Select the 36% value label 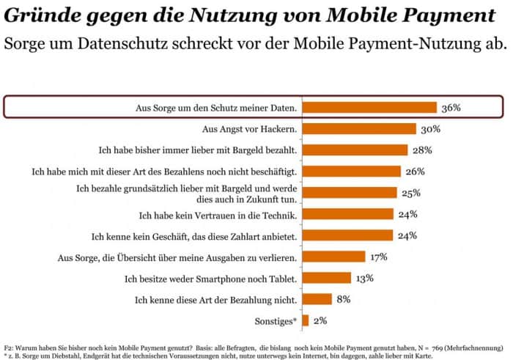click(x=451, y=108)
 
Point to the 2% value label click(x=320, y=320)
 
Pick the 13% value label click(x=365, y=278)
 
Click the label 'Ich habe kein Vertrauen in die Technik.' click(x=218, y=214)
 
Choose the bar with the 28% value click(x=355, y=150)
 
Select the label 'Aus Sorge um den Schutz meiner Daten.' click(x=218, y=108)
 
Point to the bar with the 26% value click(x=351, y=172)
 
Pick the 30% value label click(x=430, y=129)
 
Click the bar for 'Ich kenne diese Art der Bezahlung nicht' click(x=317, y=299)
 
